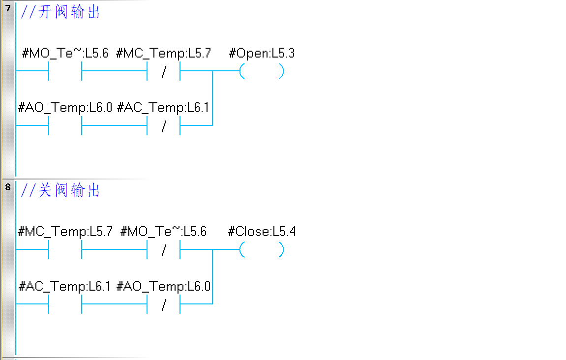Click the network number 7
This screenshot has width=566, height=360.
[7, 8]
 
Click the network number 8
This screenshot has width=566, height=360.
[7, 187]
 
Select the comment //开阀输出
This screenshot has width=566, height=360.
[60, 12]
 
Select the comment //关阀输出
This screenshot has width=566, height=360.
[60, 190]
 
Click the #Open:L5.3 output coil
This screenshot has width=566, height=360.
[262, 72]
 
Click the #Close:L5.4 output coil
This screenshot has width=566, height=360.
[262, 250]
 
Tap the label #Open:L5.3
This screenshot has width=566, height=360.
[262, 53]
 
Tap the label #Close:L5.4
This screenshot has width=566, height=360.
[262, 232]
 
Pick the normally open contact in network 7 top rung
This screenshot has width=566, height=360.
[65, 72]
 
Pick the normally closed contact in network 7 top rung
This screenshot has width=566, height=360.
[164, 72]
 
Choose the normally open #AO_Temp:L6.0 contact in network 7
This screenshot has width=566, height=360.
[65, 125]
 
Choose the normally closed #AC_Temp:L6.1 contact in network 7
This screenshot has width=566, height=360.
[164, 125]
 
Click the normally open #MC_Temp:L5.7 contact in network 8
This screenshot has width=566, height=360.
[65, 250]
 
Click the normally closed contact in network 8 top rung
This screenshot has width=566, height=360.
[164, 250]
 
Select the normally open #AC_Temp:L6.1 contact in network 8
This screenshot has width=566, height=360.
[65, 304]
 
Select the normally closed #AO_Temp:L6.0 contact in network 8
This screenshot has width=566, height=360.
[164, 304]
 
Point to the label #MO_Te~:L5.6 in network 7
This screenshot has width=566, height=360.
[65, 53]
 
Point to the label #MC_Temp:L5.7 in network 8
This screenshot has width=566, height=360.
[65, 232]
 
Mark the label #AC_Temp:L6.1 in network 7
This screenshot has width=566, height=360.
[164, 107]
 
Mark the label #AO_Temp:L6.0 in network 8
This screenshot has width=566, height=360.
[164, 286]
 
